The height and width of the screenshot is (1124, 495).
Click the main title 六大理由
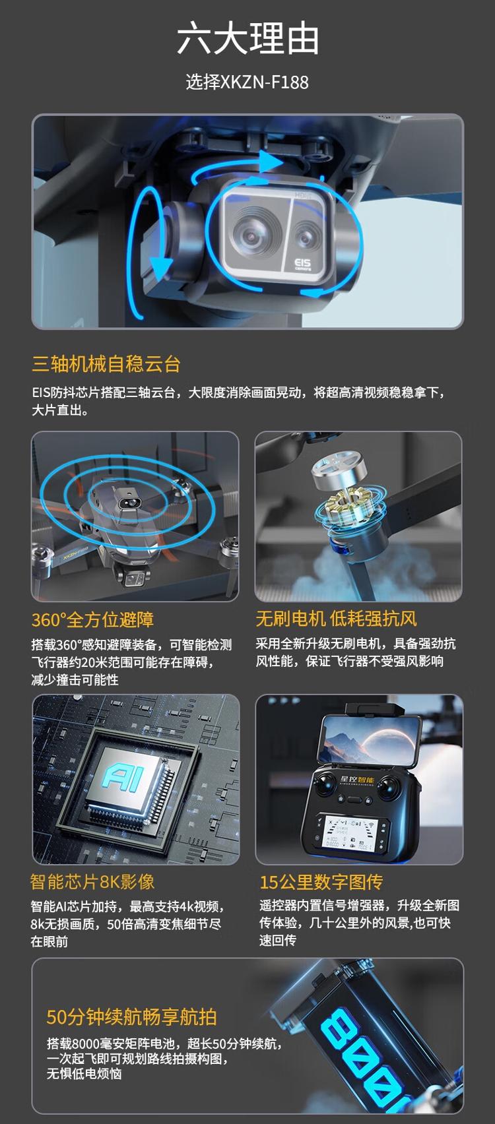pyautogui.click(x=247, y=39)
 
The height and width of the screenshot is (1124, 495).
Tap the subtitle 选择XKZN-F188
pyautogui.click(x=247, y=82)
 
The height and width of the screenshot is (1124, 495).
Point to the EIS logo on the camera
pyautogui.click(x=302, y=265)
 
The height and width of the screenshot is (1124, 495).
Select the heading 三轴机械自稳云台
pyautogui.click(x=106, y=364)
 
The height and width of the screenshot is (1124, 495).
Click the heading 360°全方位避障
pyautogui.click(x=93, y=619)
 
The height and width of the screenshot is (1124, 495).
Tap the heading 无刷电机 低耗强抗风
pyautogui.click(x=337, y=619)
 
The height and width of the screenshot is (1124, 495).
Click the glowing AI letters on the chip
pyautogui.click(x=123, y=778)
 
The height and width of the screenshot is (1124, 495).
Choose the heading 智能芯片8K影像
pyautogui.click(x=92, y=882)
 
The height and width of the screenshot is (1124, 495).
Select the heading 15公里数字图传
pyautogui.click(x=321, y=882)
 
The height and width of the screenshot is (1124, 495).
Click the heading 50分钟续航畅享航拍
pyautogui.click(x=131, y=1016)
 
